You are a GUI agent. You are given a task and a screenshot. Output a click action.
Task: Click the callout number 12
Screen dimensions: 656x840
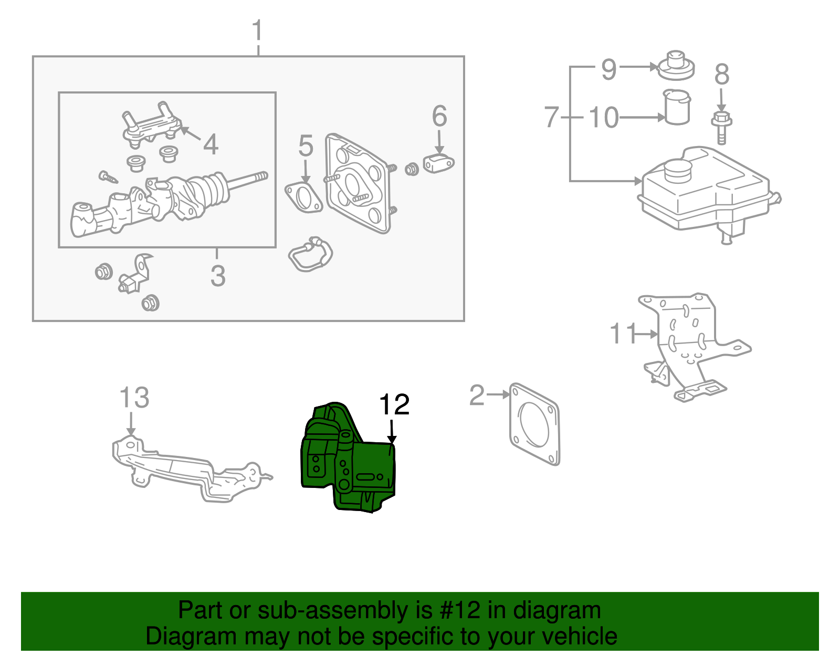click(x=394, y=405)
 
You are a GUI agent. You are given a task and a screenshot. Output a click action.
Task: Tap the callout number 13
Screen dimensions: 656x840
click(x=134, y=398)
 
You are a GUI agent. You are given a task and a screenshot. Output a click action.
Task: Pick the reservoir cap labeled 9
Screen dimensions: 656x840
click(x=676, y=66)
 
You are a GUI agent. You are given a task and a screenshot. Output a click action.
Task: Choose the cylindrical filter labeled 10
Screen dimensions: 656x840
click(x=677, y=108)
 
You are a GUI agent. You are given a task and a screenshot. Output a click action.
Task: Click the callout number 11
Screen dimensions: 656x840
click(x=623, y=334)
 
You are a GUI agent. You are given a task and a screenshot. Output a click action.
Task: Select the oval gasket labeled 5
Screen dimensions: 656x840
click(x=303, y=198)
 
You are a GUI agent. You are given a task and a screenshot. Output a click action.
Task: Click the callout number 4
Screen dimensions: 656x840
click(x=211, y=144)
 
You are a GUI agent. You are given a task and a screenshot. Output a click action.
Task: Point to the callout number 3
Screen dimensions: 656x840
click(x=218, y=276)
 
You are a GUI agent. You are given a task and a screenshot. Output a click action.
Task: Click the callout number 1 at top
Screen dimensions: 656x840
click(x=257, y=32)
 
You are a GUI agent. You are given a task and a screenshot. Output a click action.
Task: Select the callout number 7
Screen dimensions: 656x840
click(x=552, y=117)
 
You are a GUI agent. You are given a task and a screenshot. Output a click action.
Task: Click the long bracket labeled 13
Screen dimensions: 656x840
click(x=189, y=470)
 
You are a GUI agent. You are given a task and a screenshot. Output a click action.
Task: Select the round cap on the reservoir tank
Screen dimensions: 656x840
click(x=678, y=170)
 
